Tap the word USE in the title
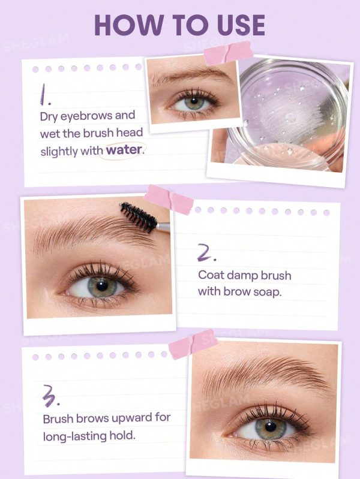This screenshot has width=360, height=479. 242,25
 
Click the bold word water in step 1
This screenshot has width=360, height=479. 124,150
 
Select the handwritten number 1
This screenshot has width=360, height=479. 45,94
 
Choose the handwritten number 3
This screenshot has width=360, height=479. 50,396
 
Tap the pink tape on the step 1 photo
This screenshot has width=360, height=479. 228,53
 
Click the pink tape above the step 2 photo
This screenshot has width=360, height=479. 169,199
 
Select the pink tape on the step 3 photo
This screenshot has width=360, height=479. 193,344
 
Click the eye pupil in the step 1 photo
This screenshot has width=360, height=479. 193,101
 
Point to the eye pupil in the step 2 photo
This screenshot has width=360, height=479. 101,285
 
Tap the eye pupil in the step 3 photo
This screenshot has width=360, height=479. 271,426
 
